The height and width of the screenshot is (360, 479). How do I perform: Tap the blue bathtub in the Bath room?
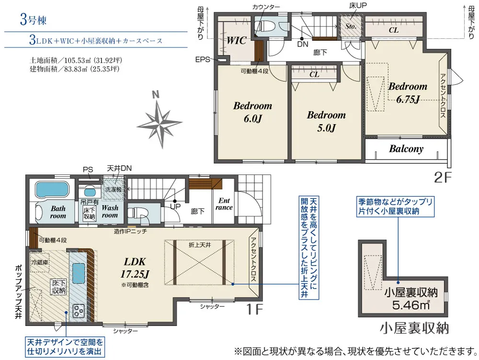click(x=51, y=189)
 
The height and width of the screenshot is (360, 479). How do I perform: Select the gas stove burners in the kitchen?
click(x=79, y=311)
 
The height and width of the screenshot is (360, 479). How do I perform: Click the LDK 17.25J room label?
click(x=135, y=267)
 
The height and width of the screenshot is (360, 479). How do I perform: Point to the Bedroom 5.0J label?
click(x=326, y=121)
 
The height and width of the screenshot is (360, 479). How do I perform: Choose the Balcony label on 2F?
click(x=406, y=149)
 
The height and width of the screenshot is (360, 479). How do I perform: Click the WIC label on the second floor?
click(x=236, y=40)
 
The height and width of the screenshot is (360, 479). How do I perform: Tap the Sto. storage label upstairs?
click(x=351, y=26)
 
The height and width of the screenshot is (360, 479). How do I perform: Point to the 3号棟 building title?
click(x=33, y=20)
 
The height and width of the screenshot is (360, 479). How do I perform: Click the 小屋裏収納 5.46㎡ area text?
click(x=411, y=299)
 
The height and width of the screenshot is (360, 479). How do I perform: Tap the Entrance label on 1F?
click(x=224, y=204)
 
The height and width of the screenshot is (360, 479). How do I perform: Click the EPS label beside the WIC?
click(x=203, y=59)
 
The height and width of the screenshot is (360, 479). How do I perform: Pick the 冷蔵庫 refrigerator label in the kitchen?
click(x=39, y=262)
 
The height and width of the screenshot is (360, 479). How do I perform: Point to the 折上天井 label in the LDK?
click(x=199, y=245)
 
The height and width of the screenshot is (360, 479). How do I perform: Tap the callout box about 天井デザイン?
click(x=65, y=347)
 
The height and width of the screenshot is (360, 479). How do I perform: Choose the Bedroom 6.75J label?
click(x=408, y=93)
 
